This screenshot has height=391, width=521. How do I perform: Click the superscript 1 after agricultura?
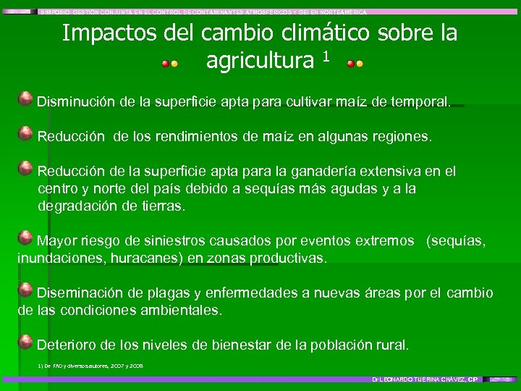(326, 56)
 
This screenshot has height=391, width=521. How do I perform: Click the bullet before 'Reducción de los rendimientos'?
(25, 133)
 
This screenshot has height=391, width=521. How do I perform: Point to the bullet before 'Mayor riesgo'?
(25, 238)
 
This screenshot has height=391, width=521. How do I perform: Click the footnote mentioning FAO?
(90, 366)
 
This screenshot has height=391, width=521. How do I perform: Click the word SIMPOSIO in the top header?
(57, 12)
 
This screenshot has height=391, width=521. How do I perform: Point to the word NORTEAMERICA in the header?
(344, 12)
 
